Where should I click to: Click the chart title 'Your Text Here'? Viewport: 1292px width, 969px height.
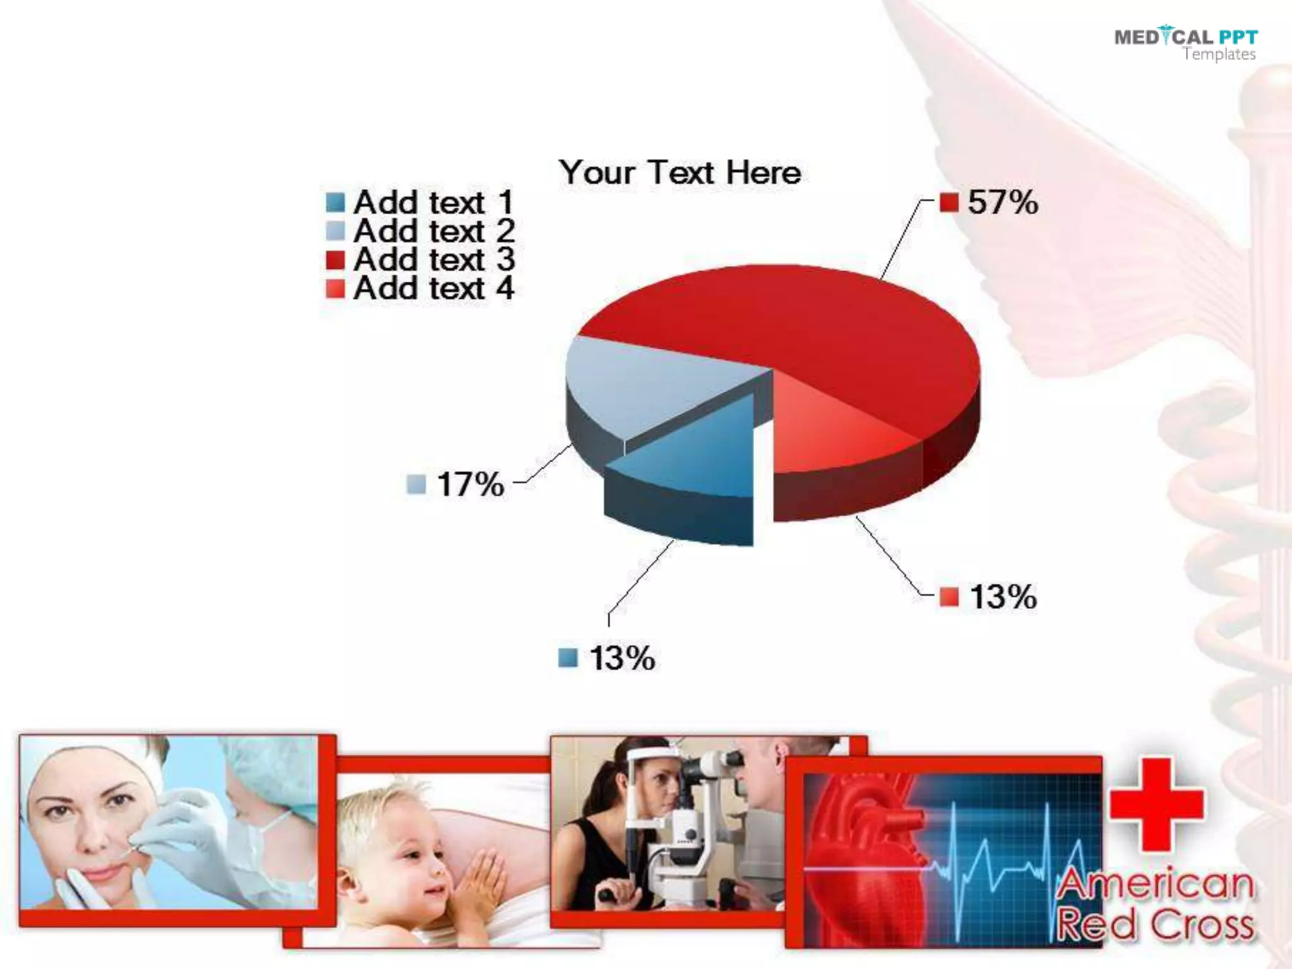pyautogui.click(x=679, y=172)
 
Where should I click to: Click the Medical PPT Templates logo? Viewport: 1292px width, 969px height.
pyautogui.click(x=1185, y=44)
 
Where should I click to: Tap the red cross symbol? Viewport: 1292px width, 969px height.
pyautogui.click(x=1156, y=804)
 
